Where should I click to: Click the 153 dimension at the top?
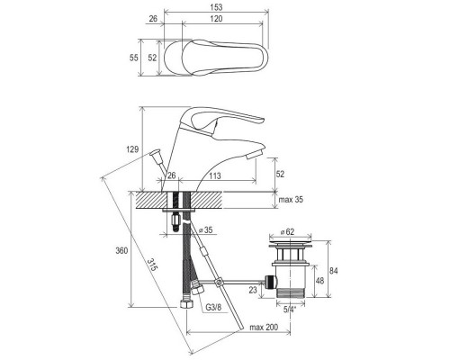click(x=216, y=6)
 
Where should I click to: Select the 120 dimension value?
click(x=216, y=19)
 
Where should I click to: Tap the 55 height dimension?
click(x=134, y=58)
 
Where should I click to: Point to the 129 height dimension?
click(x=132, y=149)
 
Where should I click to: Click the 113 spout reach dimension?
click(x=215, y=175)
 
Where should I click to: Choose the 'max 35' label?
click(x=291, y=200)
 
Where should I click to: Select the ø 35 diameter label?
click(x=206, y=230)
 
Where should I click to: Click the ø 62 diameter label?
click(x=287, y=232)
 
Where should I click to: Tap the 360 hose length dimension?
click(x=121, y=250)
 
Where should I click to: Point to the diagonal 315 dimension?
click(x=152, y=265)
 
